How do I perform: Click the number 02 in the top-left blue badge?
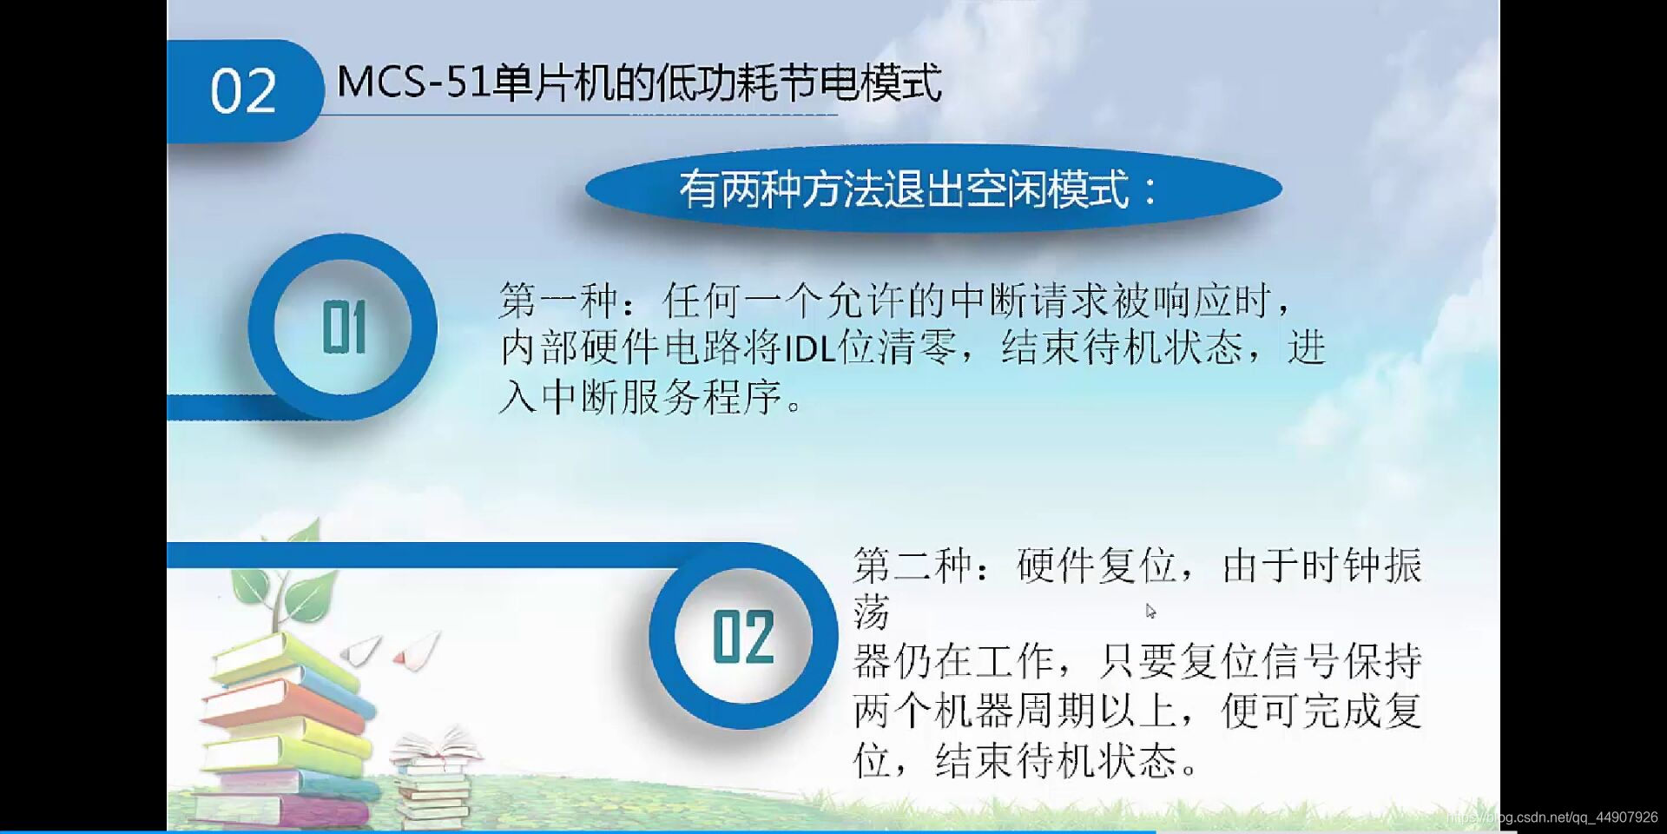pos(242,91)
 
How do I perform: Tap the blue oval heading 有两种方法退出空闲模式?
pos(932,189)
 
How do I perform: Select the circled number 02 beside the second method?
pos(742,637)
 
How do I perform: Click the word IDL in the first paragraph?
pos(809,349)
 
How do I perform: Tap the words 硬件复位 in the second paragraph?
pos(1097,566)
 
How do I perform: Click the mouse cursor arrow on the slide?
pos(1150,610)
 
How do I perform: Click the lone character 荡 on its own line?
pos(872,613)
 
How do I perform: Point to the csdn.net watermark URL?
pos(1554,817)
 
